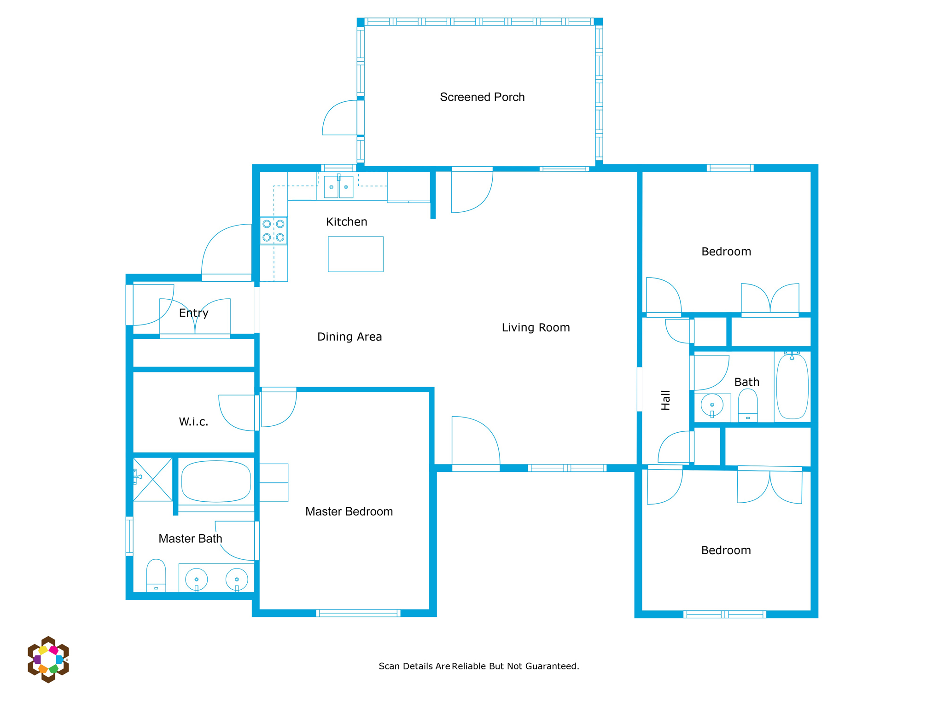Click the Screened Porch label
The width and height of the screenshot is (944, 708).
[482, 97]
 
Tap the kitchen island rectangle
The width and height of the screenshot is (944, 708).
[355, 254]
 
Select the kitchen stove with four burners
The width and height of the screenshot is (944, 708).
[274, 231]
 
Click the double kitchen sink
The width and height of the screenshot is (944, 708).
[338, 186]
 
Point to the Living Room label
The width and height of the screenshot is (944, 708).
[536, 327]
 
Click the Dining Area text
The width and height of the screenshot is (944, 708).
[350, 337]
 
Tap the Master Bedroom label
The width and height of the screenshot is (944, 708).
[349, 511]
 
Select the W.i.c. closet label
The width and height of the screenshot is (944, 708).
[193, 422]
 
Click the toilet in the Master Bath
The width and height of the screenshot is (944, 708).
[156, 575]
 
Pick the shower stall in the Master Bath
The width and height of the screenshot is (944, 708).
[153, 479]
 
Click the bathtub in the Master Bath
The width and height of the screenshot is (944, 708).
[216, 481]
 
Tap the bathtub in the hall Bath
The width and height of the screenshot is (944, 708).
[792, 386]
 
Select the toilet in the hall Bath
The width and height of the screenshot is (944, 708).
[748, 405]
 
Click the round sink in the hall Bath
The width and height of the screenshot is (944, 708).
[712, 406]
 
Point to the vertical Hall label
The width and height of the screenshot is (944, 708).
[666, 400]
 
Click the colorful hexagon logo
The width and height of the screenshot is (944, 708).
[48, 659]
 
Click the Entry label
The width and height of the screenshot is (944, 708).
[193, 313]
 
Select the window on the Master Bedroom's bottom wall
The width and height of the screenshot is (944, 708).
[358, 613]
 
